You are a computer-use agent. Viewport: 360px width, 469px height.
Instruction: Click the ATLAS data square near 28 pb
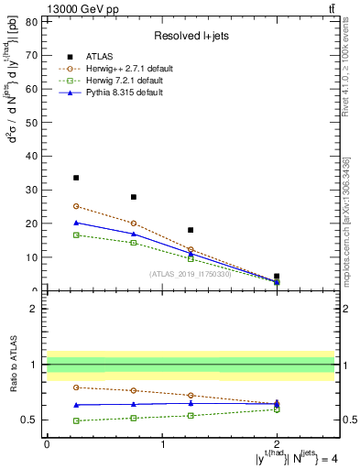[134, 197]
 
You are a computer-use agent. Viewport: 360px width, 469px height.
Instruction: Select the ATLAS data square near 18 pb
[191, 230]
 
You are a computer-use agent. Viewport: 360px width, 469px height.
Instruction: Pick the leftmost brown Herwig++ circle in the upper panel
[76, 206]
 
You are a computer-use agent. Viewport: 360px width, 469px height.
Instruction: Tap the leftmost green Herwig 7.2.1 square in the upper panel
[76, 235]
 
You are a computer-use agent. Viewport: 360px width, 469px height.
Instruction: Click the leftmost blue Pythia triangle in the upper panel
[76, 223]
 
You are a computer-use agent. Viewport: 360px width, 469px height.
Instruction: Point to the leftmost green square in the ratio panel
[76, 420]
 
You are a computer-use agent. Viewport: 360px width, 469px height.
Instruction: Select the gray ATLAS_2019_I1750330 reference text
[191, 274]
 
